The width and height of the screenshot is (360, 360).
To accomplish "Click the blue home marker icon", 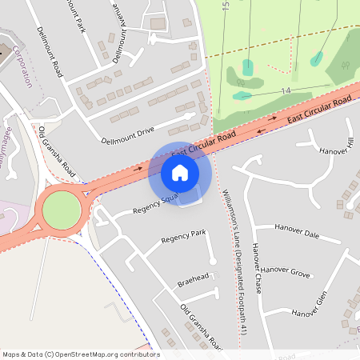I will (180, 173).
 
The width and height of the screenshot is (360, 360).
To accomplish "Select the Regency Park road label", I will (183, 236).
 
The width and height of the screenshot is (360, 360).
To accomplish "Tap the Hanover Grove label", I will (286, 272).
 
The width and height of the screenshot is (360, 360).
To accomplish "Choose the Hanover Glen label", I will (310, 306).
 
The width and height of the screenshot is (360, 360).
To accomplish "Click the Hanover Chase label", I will (257, 267).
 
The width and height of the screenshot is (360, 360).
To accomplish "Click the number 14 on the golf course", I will (285, 91).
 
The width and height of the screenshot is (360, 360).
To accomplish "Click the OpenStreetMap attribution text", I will (80, 354).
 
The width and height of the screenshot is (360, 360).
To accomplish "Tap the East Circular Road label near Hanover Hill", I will (319, 107).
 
